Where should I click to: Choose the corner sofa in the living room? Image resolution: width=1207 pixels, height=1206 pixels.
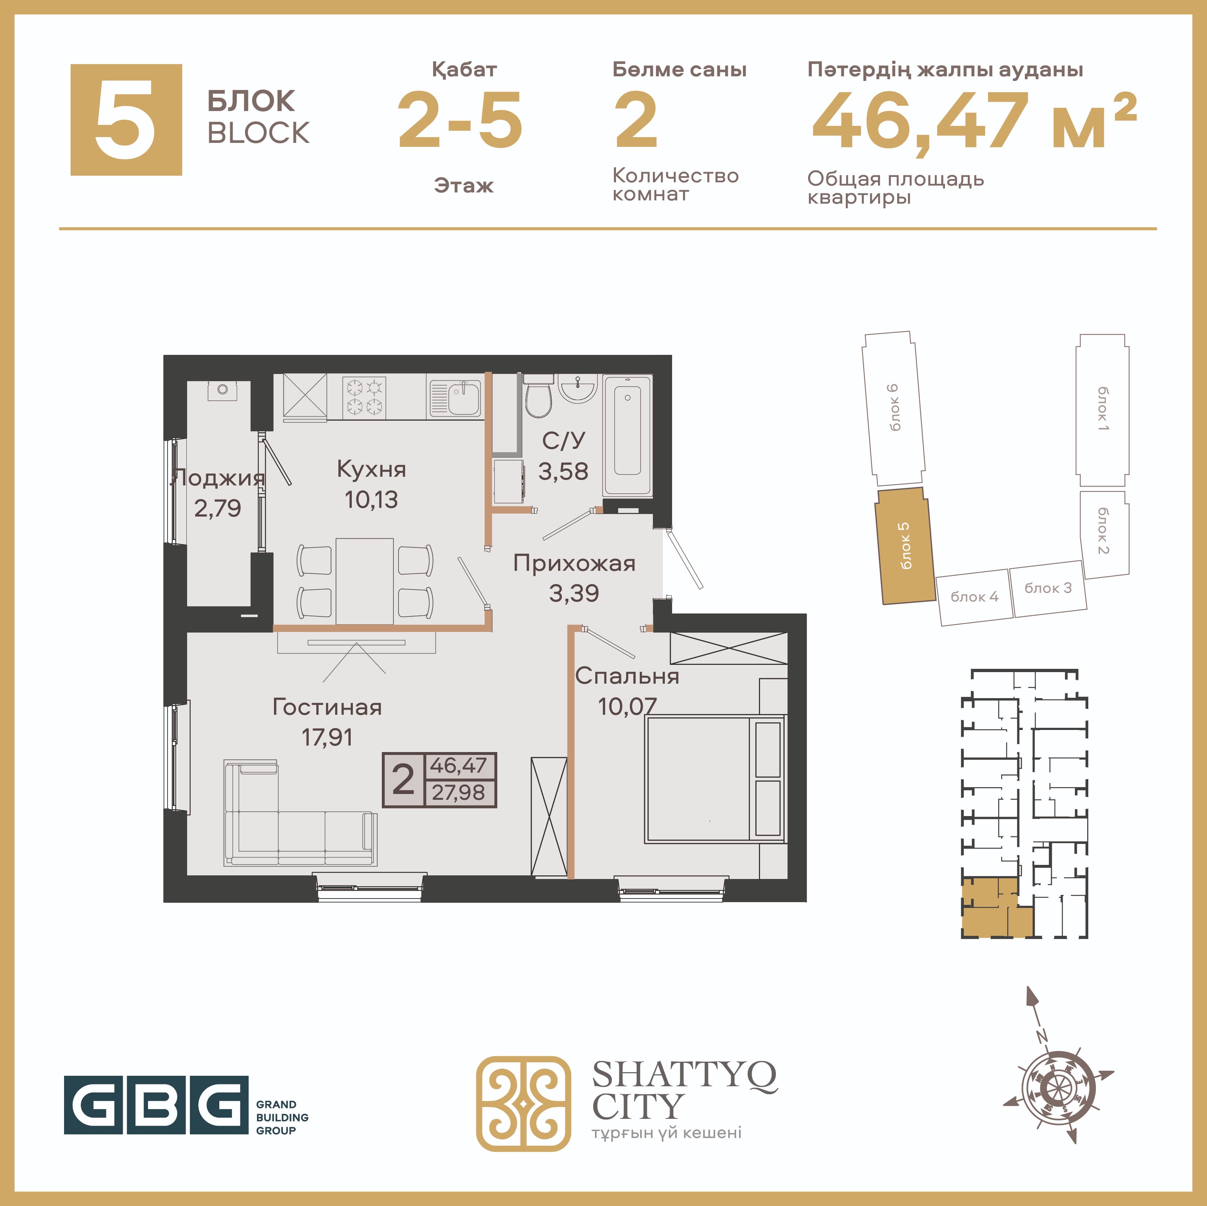(300, 813)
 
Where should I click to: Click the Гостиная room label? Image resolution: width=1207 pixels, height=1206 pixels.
(327, 707)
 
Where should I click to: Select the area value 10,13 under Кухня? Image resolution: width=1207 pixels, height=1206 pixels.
(371, 500)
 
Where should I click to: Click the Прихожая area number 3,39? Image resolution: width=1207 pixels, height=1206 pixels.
(574, 593)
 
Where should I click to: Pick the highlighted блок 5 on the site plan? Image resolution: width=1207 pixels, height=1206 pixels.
(903, 545)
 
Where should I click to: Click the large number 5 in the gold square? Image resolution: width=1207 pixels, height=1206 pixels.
(126, 119)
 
